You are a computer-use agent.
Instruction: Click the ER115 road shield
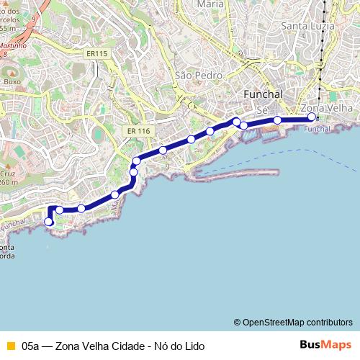(x=95, y=53)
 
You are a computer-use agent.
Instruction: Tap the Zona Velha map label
(x=331, y=107)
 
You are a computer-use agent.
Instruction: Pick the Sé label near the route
(x=262, y=109)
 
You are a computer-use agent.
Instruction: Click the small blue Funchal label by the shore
(x=317, y=129)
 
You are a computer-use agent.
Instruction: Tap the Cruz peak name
(x=7, y=174)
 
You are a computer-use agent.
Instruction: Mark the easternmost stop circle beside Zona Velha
(x=311, y=117)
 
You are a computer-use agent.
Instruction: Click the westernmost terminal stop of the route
(x=49, y=222)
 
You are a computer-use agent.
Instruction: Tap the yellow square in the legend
(x=9, y=346)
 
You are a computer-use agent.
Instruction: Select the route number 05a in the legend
(x=31, y=346)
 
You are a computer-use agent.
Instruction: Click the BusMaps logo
(x=325, y=345)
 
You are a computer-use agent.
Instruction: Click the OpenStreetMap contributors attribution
(x=293, y=322)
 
